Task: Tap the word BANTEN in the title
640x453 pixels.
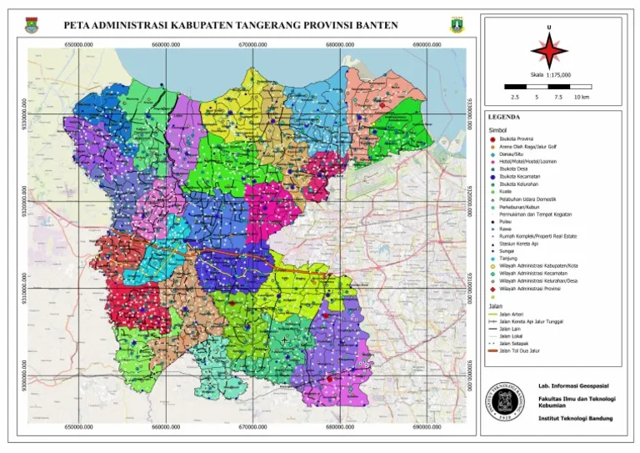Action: click(373, 26)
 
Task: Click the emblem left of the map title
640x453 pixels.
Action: click(32, 26)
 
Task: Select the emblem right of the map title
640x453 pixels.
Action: click(456, 26)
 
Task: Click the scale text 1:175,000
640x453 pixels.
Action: click(558, 75)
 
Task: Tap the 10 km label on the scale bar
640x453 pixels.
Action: click(582, 98)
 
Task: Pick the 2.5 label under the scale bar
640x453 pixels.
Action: click(516, 98)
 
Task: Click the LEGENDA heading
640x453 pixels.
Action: click(504, 117)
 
